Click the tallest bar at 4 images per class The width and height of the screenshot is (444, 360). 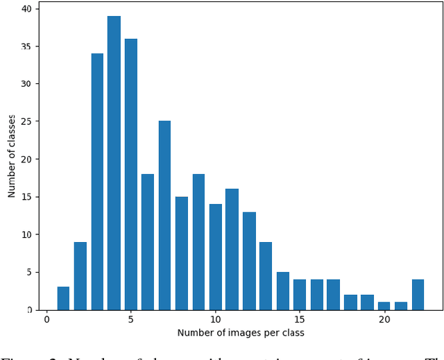click(x=114, y=163)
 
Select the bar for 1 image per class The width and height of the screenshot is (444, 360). click(x=63, y=298)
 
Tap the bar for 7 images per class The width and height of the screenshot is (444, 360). click(x=164, y=215)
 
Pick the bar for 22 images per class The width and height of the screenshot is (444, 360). click(x=418, y=295)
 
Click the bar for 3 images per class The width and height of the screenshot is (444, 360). click(x=97, y=182)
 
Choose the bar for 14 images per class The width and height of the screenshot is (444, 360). click(x=283, y=291)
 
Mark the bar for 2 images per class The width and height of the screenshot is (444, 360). click(x=80, y=275)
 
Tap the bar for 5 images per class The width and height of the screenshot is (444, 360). click(x=130, y=174)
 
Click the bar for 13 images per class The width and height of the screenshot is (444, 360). click(x=266, y=275)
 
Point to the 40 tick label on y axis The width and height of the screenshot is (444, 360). click(x=26, y=9)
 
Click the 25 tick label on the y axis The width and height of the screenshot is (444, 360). click(x=26, y=121)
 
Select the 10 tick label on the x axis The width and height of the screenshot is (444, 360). click(x=215, y=319)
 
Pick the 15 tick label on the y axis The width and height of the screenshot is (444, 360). click(x=26, y=197)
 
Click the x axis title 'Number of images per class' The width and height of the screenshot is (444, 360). click(x=241, y=333)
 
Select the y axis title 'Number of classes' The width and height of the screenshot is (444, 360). click(x=12, y=156)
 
